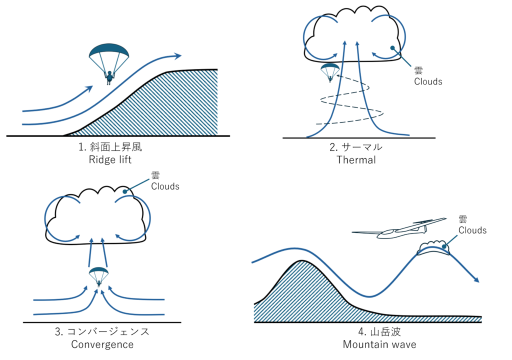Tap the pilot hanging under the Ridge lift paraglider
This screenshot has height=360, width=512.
coord(109,77)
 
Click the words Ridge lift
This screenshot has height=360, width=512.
coord(110,159)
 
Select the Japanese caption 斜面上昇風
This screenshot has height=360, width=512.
coord(116,147)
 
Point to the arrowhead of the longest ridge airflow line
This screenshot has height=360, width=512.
coord(178,56)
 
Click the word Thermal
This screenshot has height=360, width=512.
coord(356,159)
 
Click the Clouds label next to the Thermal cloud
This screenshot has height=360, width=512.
coord(428,81)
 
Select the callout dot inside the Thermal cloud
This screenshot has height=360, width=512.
coord(392,48)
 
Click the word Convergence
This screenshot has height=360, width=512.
coord(102,344)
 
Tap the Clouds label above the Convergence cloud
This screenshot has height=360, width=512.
coord(165,186)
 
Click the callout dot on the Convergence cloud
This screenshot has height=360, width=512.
coord(124,191)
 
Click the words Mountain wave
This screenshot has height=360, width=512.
coord(379,344)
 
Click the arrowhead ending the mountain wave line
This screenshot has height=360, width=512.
coord(476,279)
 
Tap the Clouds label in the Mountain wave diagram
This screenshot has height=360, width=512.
coord(472,230)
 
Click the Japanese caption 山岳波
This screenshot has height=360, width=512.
coord(385,332)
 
